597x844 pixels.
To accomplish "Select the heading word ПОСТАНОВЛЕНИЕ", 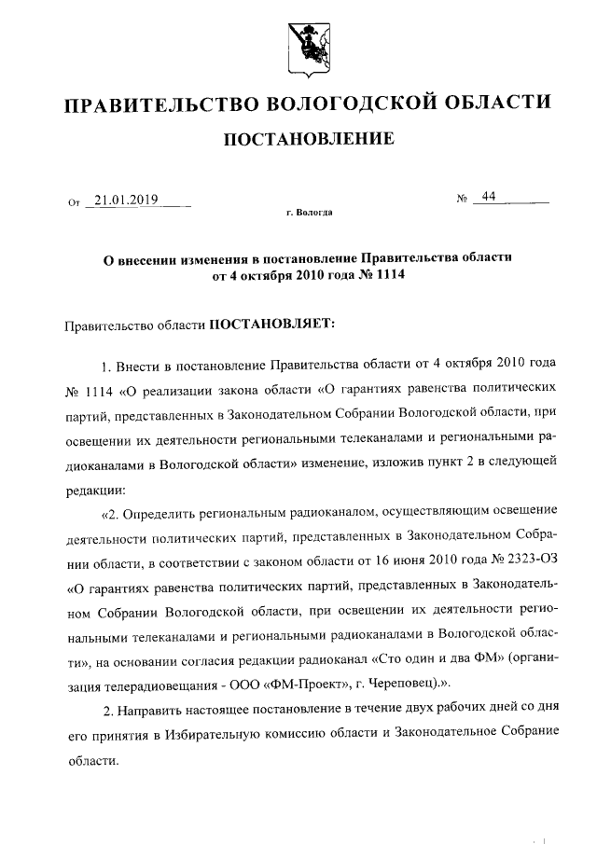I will tap(307, 140).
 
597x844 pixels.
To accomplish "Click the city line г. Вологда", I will tap(308, 213).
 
